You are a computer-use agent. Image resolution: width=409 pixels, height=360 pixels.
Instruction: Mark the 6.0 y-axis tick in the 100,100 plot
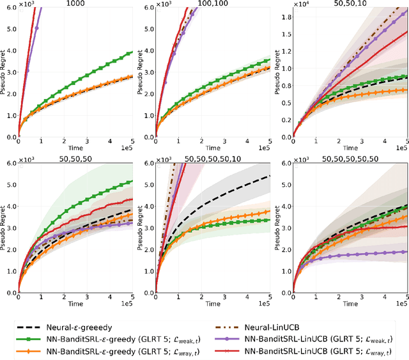pos(148,8)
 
